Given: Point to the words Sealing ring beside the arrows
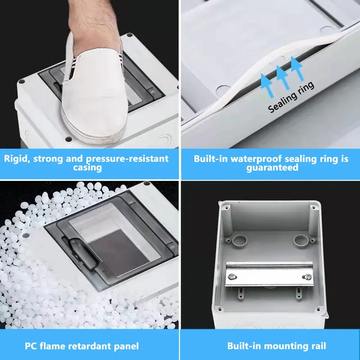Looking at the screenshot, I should [x=291, y=97].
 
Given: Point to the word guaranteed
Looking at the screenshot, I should [x=273, y=167].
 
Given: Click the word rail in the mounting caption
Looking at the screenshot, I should [x=316, y=346].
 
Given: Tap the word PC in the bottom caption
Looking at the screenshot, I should [x=31, y=346].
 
